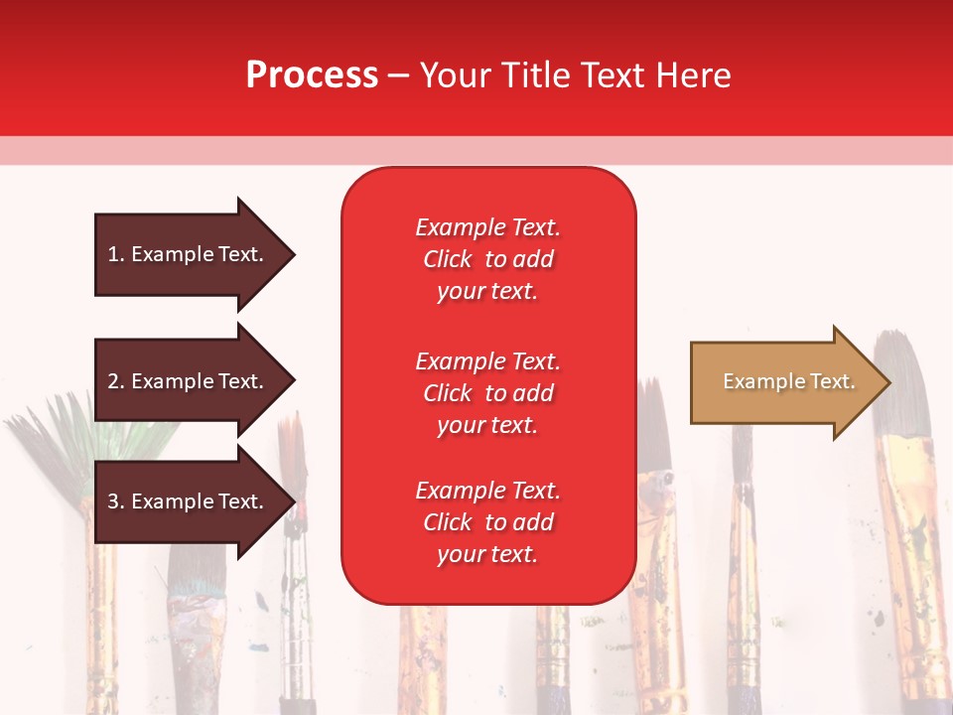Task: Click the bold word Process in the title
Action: coord(312,75)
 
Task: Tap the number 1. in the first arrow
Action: coord(116,254)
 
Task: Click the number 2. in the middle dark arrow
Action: coord(116,381)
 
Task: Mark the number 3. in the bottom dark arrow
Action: coord(116,501)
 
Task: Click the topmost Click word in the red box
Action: coord(448,259)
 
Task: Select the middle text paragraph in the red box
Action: coord(487,393)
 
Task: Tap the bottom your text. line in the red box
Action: coord(487,554)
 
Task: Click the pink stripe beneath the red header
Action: coord(476,150)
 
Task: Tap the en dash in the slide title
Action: coord(398,75)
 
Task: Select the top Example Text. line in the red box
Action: coord(487,227)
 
